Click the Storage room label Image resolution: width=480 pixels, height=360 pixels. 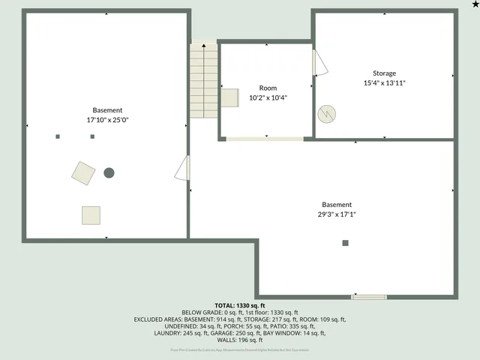(384, 73)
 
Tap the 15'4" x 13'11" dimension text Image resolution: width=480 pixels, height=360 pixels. (384, 83)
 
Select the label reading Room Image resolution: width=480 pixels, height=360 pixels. (268, 88)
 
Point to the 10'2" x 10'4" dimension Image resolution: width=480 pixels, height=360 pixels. (268, 97)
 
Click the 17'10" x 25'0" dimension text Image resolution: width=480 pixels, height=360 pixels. (107, 120)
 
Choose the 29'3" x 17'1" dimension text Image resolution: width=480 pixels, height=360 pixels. (337, 214)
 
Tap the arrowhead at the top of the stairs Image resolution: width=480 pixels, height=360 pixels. (203, 46)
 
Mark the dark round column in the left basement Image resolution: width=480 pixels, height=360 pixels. (109, 172)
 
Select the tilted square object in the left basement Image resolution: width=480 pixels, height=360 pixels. (83, 172)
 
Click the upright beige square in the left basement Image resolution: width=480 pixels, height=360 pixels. (91, 215)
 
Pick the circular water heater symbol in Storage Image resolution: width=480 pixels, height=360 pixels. (326, 114)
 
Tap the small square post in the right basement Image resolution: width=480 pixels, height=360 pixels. (345, 243)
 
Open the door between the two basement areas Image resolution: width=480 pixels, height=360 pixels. (183, 168)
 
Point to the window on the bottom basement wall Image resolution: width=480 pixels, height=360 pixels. (368, 297)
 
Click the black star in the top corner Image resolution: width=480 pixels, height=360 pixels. (474, 5)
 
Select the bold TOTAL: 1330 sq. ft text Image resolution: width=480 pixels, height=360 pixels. (240, 306)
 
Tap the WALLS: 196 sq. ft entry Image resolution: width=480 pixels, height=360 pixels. (240, 340)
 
